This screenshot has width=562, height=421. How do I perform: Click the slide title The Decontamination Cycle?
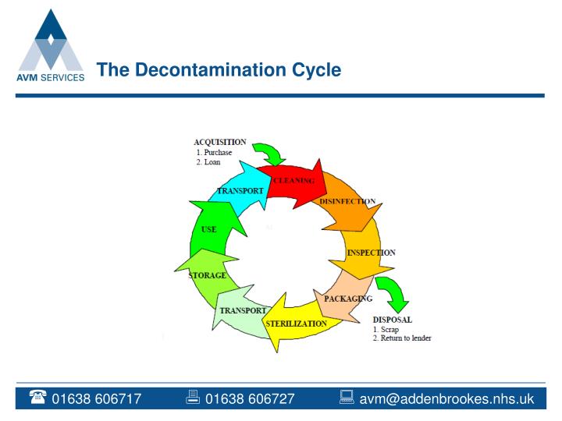coord(219,70)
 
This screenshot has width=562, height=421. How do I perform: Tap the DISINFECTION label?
coord(347,201)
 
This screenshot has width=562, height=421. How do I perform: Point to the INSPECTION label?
coord(371,253)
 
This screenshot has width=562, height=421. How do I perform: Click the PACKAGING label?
coord(348,299)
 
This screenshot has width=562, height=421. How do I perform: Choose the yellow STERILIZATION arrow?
coord(296,324)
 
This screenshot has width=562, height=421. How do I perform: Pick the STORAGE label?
coord(208,275)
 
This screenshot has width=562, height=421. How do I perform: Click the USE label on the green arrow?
coord(208,229)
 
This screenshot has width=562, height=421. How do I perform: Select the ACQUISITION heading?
coord(219,142)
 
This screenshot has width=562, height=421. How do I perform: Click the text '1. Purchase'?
coord(214,153)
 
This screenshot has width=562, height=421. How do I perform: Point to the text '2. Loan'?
coord(208,162)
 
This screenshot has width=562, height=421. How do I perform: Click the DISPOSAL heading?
coord(392,320)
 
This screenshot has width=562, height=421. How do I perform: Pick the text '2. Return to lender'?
coord(401,338)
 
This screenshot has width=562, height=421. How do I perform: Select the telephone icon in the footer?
coord(37,399)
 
